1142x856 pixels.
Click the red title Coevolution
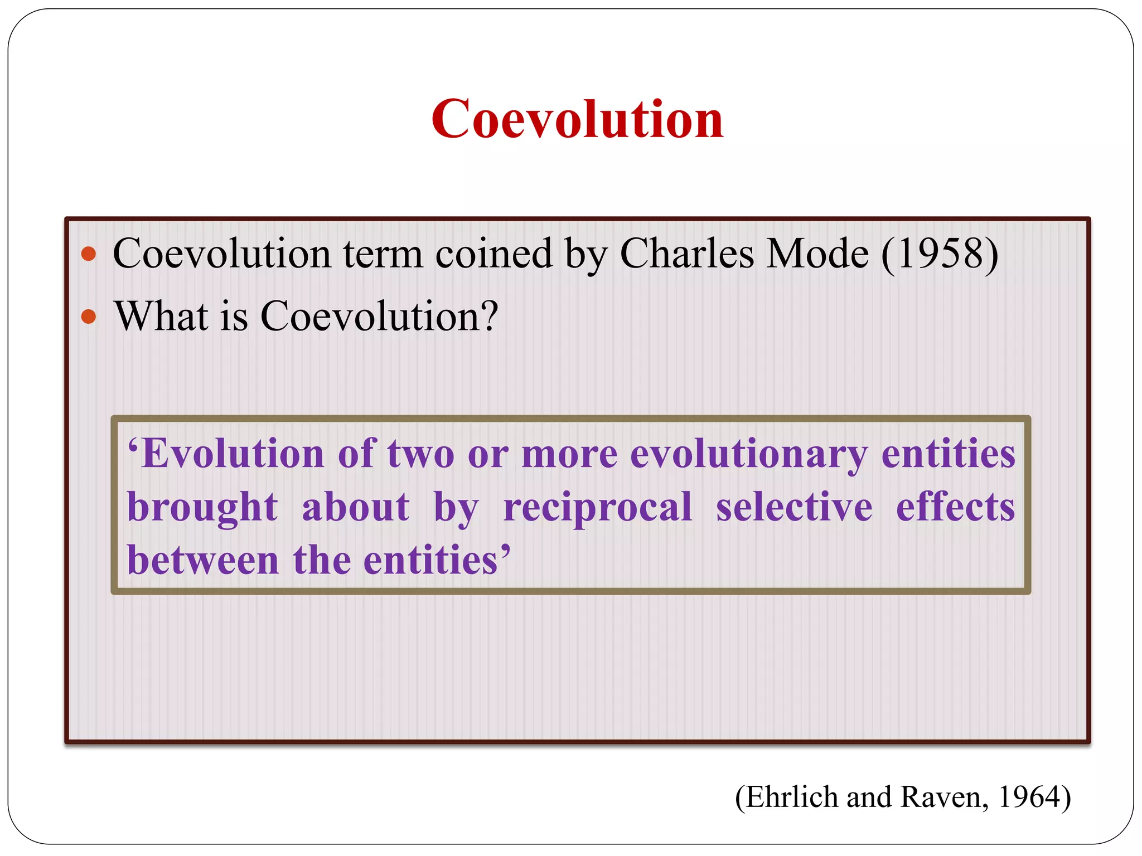(x=577, y=119)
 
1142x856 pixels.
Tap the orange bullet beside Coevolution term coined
(x=89, y=255)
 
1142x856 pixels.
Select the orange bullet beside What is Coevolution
(x=89, y=317)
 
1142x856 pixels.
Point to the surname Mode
(x=817, y=254)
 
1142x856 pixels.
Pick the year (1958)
(x=940, y=254)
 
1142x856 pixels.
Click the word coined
(x=493, y=254)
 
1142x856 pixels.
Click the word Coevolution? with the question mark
(x=379, y=316)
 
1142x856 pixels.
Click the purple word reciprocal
(x=598, y=507)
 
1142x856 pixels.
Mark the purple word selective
(x=794, y=507)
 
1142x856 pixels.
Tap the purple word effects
(x=955, y=507)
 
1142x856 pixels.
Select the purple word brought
(x=202, y=507)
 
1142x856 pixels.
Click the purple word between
(x=202, y=560)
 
